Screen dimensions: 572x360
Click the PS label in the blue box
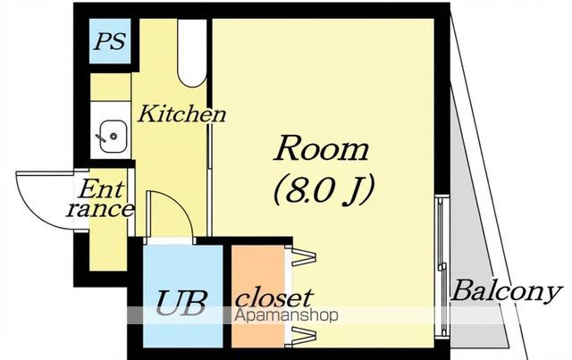[x=110, y=41]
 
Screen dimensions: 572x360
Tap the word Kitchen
[x=181, y=113]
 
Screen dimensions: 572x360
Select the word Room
[x=322, y=148]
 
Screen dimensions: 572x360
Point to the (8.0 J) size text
[x=324, y=189]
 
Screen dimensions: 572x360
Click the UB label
[x=181, y=303]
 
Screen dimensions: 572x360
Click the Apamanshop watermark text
[x=286, y=314]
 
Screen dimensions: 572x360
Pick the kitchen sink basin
[x=114, y=137]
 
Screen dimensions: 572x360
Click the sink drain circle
[x=114, y=137]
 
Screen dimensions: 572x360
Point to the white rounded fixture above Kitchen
[x=192, y=53]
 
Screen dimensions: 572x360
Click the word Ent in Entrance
[x=101, y=189]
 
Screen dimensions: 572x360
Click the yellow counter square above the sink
[x=110, y=88]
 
